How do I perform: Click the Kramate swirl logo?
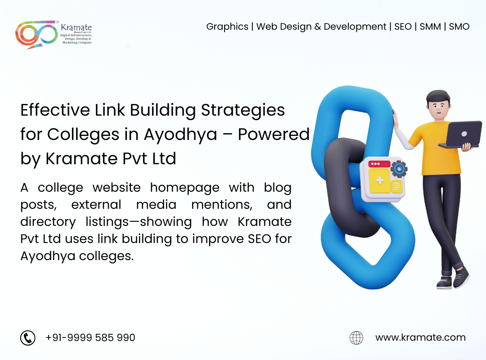[36, 34]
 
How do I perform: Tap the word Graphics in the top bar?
[227, 27]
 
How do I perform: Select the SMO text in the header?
[459, 27]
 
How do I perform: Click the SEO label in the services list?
[403, 27]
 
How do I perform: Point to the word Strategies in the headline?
[243, 111]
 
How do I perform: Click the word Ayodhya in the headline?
[180, 135]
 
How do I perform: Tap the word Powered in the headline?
[274, 134]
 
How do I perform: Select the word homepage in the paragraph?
[185, 189]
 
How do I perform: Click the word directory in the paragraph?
[48, 222]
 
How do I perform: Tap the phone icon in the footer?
[28, 337]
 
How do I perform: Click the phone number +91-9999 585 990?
[90, 337]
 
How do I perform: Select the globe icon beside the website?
[356, 337]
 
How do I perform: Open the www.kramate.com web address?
[420, 337]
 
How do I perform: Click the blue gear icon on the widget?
[399, 169]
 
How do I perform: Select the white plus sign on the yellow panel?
[380, 180]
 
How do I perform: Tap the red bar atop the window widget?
[379, 164]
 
